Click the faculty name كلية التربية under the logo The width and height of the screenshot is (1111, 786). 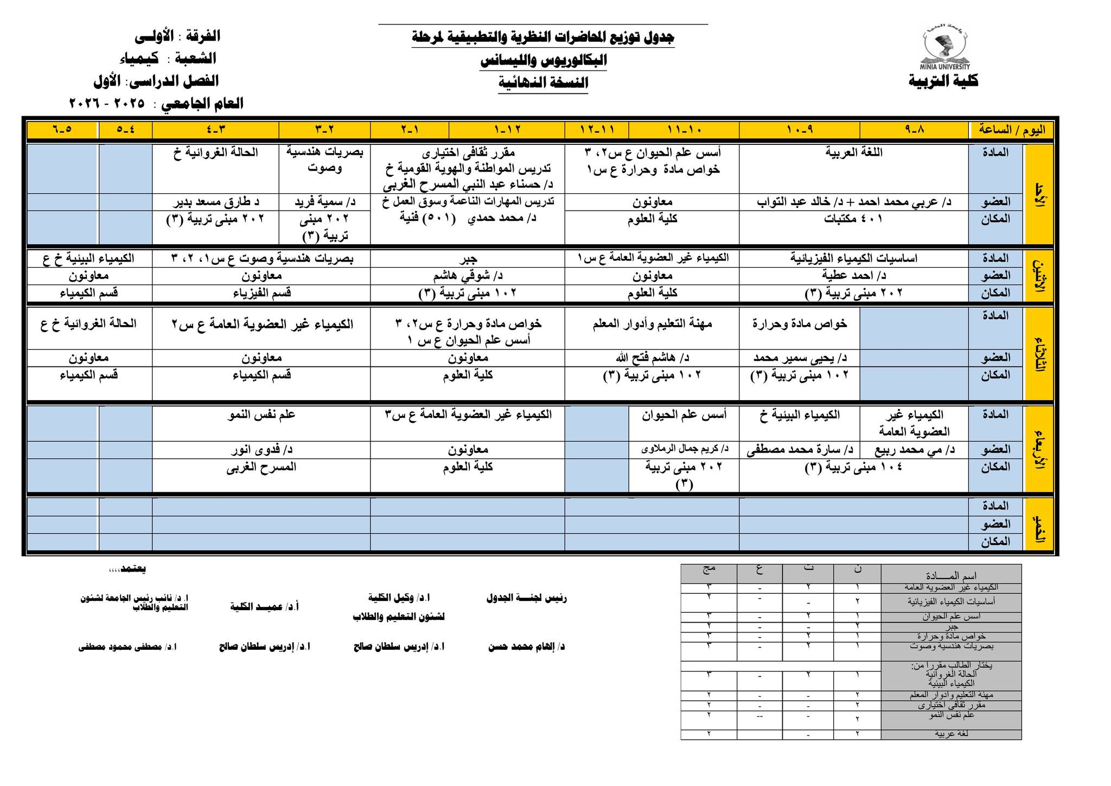(x=943, y=81)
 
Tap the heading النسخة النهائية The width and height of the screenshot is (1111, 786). (x=543, y=83)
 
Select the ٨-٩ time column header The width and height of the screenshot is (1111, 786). (x=914, y=130)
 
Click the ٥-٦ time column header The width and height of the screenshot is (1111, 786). (x=62, y=130)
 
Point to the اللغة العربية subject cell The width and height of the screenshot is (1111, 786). (x=854, y=153)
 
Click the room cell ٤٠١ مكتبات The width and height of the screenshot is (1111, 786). (x=854, y=219)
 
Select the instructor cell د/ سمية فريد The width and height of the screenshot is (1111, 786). (x=324, y=202)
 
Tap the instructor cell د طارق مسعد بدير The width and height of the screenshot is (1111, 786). (x=216, y=202)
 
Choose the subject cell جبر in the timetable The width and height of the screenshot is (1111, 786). (x=467, y=258)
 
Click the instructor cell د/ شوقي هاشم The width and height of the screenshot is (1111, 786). (x=467, y=276)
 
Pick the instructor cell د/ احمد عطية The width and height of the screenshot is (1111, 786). (x=854, y=276)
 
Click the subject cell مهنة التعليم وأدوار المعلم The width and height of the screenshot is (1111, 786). (x=652, y=324)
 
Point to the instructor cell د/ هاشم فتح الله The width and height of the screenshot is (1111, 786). (x=652, y=358)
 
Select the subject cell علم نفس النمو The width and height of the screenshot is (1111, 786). (x=261, y=415)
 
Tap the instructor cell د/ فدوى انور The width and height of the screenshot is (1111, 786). (x=261, y=449)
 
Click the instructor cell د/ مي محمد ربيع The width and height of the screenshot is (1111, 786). (x=914, y=449)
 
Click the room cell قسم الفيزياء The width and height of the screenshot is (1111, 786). (x=261, y=293)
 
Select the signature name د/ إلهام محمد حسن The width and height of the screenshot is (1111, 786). (x=526, y=647)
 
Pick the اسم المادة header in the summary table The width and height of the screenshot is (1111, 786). (x=951, y=576)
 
